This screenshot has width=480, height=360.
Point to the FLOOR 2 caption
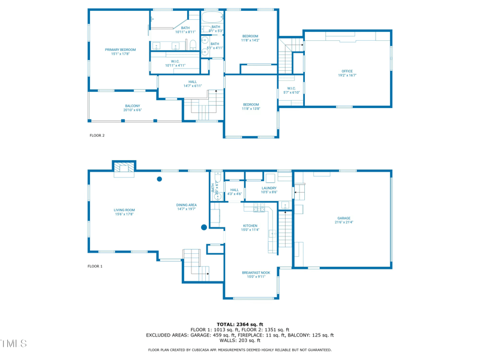[97, 136]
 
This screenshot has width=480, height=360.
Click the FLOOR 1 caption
[95, 266]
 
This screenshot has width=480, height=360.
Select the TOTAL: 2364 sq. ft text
[240, 324]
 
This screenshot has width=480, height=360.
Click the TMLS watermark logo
[13, 344]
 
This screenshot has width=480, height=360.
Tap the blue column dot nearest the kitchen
[204, 227]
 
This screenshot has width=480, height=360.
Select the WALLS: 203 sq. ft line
[240, 341]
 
